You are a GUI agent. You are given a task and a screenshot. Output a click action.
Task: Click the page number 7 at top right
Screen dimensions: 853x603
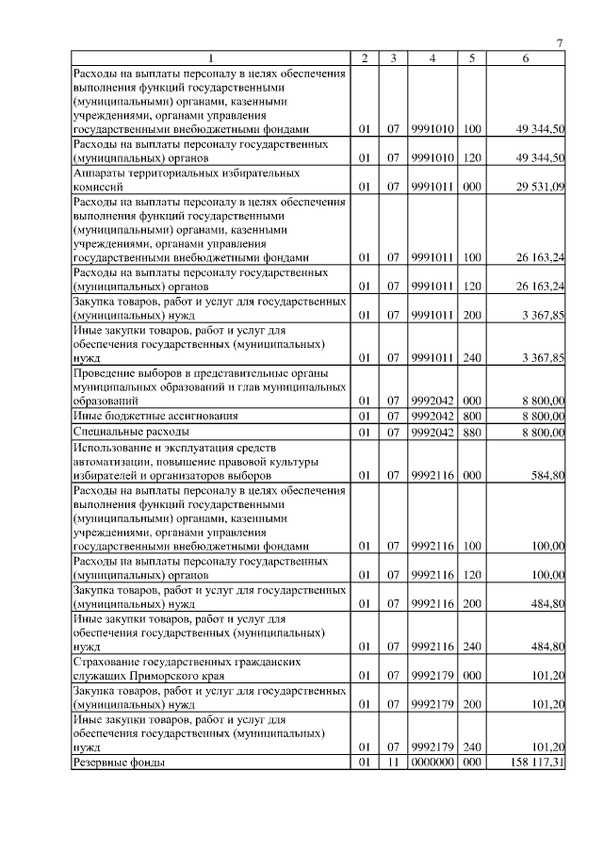[x=560, y=43]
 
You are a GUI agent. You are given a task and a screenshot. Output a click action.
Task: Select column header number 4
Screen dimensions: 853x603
[x=432, y=58]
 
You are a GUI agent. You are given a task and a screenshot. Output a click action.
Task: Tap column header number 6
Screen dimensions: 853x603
[x=526, y=58]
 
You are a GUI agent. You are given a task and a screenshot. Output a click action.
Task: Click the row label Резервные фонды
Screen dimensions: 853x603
[x=120, y=762]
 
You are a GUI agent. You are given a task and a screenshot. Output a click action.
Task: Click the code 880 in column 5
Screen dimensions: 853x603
[x=472, y=432]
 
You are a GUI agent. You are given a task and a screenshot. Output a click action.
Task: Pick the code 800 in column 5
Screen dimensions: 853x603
[x=472, y=416]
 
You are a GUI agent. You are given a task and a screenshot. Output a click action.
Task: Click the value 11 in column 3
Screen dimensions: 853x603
[x=395, y=762]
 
